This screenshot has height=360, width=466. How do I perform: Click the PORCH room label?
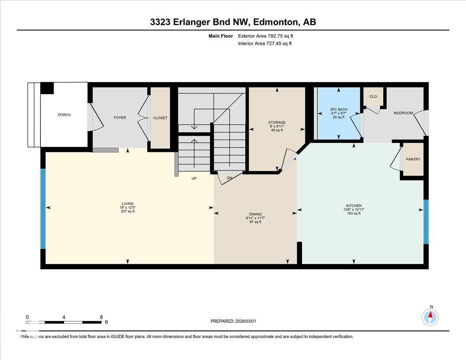(64, 115)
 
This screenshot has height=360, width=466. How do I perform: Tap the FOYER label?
(120, 118)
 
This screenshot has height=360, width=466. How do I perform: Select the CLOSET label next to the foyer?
(160, 118)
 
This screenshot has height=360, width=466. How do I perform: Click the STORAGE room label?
(276, 123)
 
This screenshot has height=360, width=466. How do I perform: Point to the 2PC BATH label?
(339, 109)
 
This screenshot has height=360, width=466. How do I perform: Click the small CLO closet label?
(373, 97)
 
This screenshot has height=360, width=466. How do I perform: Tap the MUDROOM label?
(403, 113)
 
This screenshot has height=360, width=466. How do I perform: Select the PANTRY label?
(413, 160)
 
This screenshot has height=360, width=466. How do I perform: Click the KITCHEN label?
(354, 206)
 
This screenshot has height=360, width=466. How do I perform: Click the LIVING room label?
(127, 204)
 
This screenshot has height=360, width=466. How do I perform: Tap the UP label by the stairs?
(194, 179)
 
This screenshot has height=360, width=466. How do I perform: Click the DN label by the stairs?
(230, 178)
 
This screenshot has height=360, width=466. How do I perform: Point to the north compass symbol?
(430, 317)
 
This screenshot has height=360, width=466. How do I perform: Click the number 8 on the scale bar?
(101, 317)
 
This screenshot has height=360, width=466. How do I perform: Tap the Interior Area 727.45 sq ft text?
(265, 43)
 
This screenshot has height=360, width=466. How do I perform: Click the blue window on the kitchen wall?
(426, 222)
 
